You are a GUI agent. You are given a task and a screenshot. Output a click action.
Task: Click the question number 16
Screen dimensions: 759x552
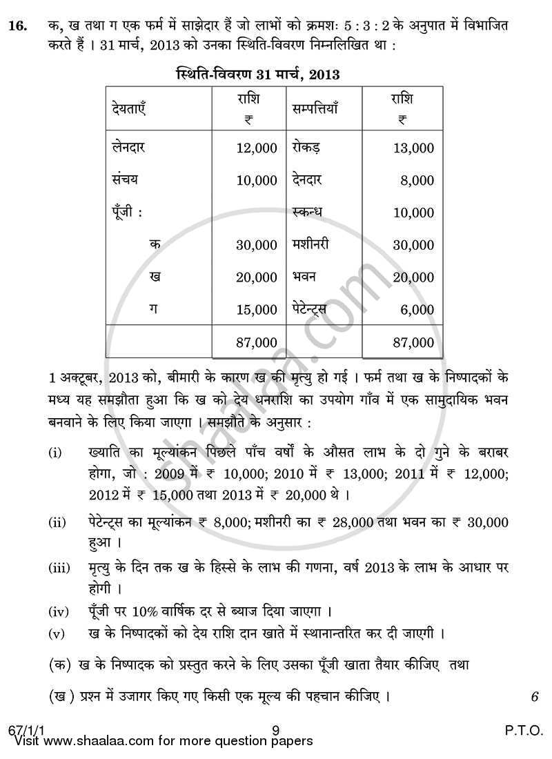pyautogui.click(x=18, y=26)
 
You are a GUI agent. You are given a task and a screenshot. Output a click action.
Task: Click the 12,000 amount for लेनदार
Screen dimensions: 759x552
pyautogui.click(x=256, y=148)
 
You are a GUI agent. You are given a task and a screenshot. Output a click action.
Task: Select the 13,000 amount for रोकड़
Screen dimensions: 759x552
pyautogui.click(x=413, y=148)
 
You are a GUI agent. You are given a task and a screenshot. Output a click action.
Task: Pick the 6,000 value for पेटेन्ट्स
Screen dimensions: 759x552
pyautogui.click(x=417, y=310)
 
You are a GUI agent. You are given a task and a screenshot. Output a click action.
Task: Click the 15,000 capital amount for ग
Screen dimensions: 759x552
pyautogui.click(x=256, y=310)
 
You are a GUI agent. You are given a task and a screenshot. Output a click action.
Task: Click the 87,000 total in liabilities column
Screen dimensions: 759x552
pyautogui.click(x=256, y=342)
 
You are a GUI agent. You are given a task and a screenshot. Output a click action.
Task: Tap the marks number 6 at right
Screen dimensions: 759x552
pyautogui.click(x=534, y=697)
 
